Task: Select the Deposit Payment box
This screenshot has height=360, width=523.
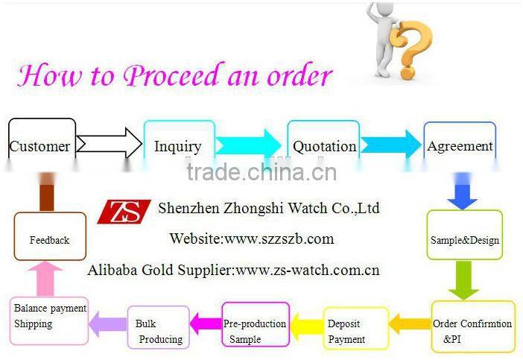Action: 355,329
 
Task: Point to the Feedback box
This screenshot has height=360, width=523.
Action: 50,236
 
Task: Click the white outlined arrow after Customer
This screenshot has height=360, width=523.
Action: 109,142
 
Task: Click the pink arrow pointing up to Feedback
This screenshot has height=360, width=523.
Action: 49,278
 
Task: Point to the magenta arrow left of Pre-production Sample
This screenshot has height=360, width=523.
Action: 206,323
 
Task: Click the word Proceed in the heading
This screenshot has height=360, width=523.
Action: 176,76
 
